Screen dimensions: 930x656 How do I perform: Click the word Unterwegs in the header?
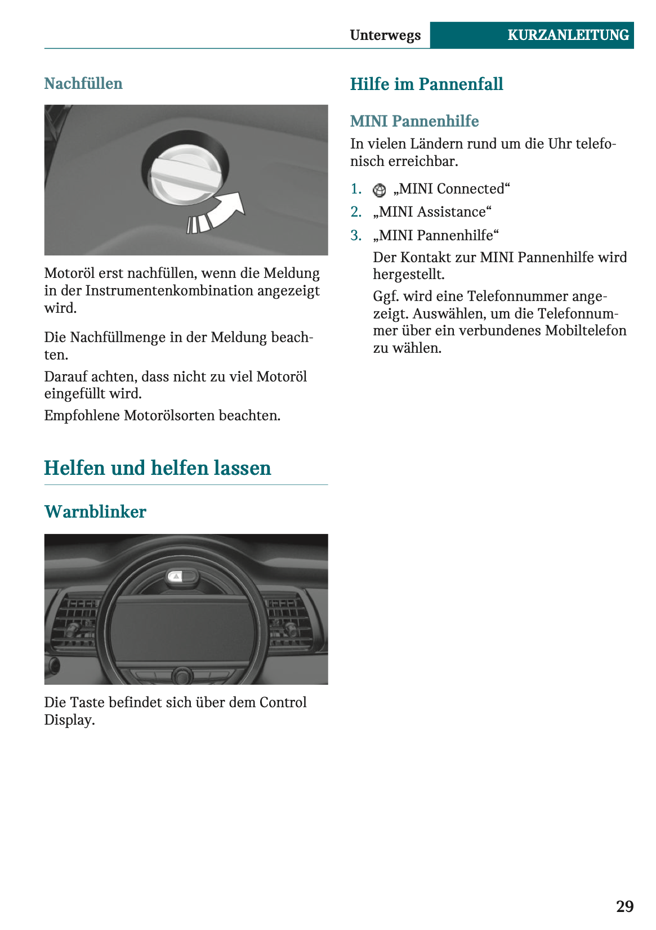click(385, 35)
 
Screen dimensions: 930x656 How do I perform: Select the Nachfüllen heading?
click(83, 84)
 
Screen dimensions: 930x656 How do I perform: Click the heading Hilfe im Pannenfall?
click(426, 84)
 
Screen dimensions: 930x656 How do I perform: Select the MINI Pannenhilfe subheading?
click(414, 122)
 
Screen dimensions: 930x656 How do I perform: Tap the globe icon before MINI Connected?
click(380, 190)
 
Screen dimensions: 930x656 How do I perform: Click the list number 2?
click(356, 212)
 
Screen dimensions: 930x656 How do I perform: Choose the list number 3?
click(356, 235)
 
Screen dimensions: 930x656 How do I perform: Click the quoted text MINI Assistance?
click(432, 212)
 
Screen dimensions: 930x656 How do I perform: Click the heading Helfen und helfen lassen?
click(158, 468)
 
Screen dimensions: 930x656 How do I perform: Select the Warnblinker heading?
click(95, 512)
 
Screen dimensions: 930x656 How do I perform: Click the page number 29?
click(624, 906)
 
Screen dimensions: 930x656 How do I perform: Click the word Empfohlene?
click(82, 416)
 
